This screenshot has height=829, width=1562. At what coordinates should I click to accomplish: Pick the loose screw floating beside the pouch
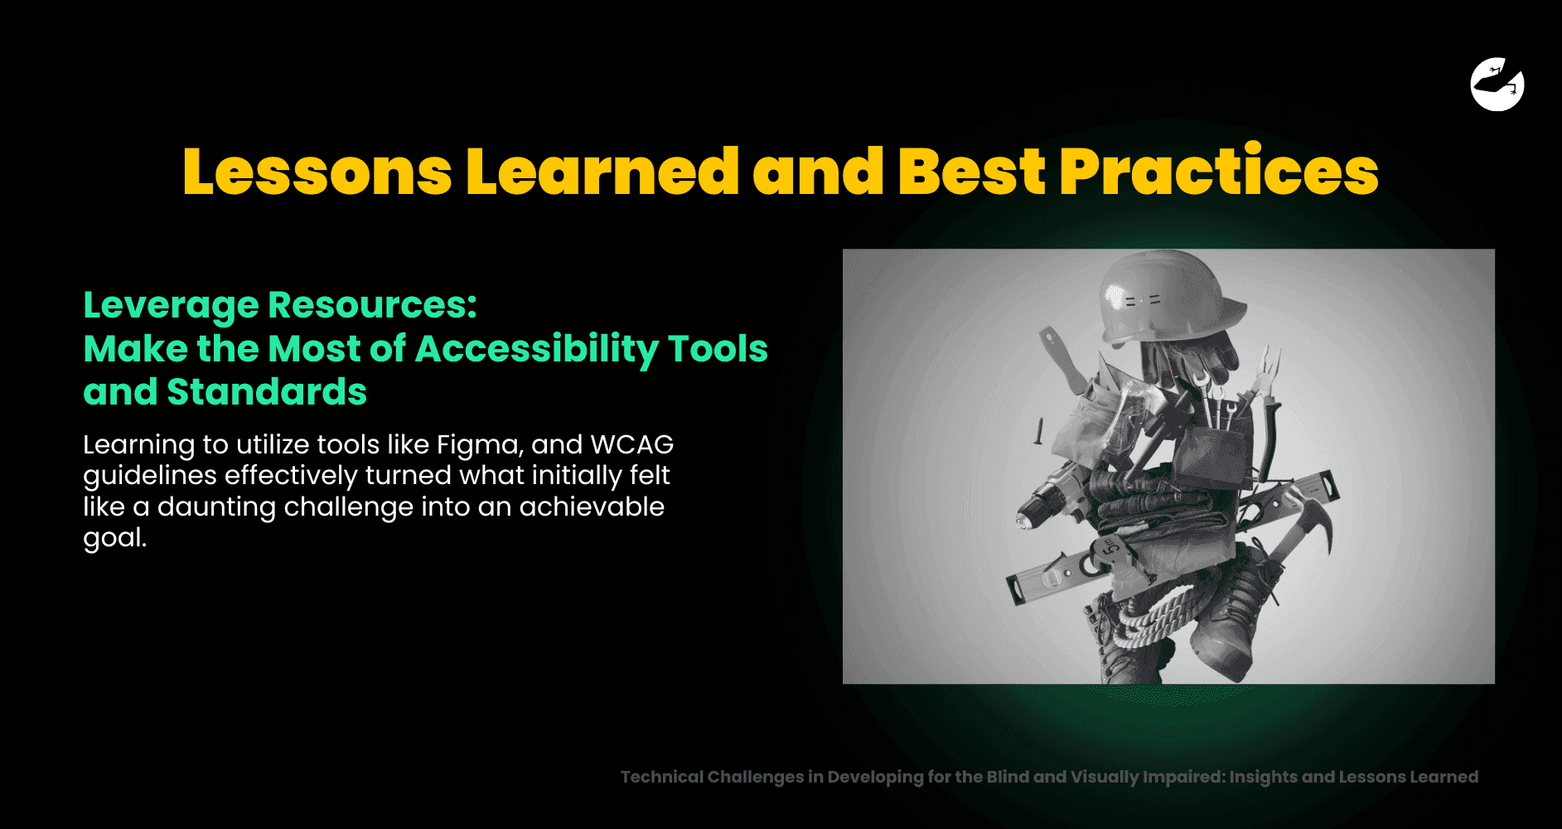[1036, 432]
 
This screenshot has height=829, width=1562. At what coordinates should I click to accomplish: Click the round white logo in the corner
[1497, 84]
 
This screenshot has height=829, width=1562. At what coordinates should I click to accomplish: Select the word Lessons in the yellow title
[317, 172]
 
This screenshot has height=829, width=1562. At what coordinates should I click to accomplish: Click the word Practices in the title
[1219, 172]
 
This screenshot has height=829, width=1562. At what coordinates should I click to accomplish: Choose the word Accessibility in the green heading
[536, 349]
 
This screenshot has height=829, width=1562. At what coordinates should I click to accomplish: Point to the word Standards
[267, 392]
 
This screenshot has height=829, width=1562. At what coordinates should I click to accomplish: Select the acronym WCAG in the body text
[631, 444]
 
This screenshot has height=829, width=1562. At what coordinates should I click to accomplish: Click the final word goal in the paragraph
[114, 539]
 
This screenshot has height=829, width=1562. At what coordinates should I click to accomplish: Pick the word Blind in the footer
[1007, 777]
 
